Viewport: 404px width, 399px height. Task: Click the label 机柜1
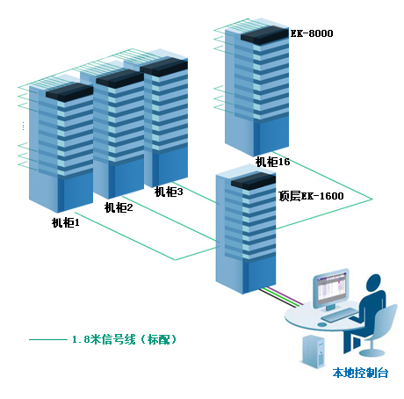[x=66, y=223]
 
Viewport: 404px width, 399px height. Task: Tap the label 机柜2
[x=119, y=207]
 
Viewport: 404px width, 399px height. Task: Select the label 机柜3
[x=169, y=192]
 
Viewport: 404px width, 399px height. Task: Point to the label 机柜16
[x=272, y=162]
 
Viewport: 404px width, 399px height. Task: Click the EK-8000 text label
[x=312, y=33]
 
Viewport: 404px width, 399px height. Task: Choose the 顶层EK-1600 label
[x=311, y=196]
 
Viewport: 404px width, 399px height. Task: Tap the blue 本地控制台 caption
[x=360, y=373]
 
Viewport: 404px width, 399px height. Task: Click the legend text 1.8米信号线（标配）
[x=125, y=339]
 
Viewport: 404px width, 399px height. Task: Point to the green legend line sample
[x=48, y=339]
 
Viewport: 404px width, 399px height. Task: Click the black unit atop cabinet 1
[x=69, y=92]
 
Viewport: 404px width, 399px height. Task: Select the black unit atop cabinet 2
[x=119, y=78]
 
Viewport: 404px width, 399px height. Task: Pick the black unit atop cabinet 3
[x=163, y=67]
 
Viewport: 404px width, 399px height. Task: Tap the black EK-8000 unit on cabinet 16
[x=264, y=35]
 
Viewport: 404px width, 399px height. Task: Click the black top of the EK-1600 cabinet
[x=254, y=181]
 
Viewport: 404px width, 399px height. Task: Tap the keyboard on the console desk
[x=340, y=316]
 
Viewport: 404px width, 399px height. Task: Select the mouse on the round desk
[x=322, y=324]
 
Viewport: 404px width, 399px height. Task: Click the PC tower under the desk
[x=314, y=351]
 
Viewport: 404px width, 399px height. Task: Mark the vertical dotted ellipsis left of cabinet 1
[x=23, y=126]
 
